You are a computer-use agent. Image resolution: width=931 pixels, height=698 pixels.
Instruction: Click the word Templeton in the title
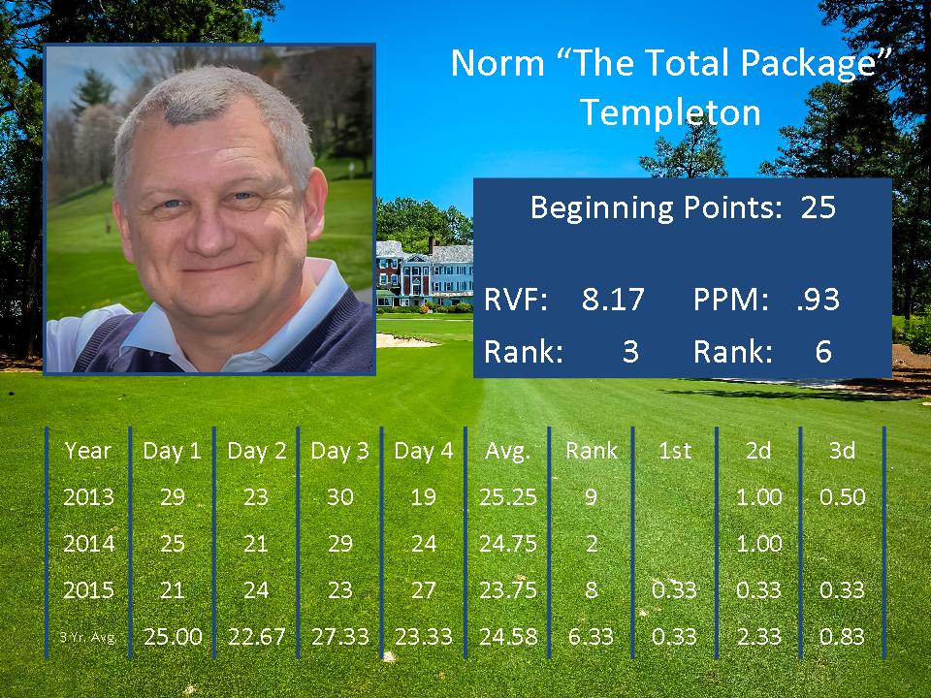coord(670,112)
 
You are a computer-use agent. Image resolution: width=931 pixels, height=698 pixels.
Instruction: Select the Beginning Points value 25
coord(819,207)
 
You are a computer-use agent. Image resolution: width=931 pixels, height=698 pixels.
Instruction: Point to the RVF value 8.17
coord(613,300)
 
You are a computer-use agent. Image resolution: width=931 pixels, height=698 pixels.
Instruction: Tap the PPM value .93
coord(819,300)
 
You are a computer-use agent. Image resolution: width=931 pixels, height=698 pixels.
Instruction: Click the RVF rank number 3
coord(630,351)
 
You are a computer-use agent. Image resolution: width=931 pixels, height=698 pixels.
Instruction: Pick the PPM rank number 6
coord(823,351)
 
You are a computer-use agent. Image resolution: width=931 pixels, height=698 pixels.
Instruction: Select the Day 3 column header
coord(339,451)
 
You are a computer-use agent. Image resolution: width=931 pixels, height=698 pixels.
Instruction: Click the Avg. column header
coord(507,451)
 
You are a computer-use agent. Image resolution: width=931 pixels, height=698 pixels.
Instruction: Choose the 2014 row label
coord(88,543)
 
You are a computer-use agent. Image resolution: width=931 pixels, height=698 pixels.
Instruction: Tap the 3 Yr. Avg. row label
coord(87,637)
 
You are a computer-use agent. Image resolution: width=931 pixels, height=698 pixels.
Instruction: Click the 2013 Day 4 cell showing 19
coord(424,496)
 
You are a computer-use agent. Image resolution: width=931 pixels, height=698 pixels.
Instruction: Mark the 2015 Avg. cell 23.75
coord(507,590)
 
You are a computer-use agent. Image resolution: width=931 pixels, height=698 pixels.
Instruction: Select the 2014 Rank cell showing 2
coord(592,543)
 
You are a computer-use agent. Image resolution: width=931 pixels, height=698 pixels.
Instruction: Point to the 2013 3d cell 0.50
coord(842,496)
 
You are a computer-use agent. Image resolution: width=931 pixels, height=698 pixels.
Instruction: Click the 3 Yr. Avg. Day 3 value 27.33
coord(339,636)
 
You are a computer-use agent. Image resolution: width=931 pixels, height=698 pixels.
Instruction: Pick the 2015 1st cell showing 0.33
coord(674,590)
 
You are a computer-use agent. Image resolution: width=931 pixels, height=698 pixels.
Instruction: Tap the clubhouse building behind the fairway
coord(425,273)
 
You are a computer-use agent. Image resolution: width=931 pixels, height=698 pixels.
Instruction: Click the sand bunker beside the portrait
coord(405,340)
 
